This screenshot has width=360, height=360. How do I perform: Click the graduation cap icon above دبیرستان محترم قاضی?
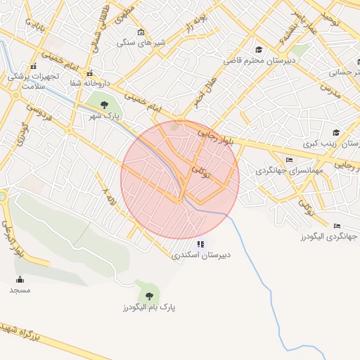tap(259, 49)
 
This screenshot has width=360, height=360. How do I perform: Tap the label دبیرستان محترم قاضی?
tap(256, 60)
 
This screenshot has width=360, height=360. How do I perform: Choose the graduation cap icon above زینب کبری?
tap(336, 132)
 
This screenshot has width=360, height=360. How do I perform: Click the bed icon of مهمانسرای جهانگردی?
tap(289, 160)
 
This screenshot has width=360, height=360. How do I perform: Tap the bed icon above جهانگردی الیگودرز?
tap(337, 226)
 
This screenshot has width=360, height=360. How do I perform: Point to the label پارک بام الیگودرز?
tap(148, 308)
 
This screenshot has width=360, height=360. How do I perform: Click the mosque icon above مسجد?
tap(20, 279)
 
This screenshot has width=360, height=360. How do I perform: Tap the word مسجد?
tap(20, 290)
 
